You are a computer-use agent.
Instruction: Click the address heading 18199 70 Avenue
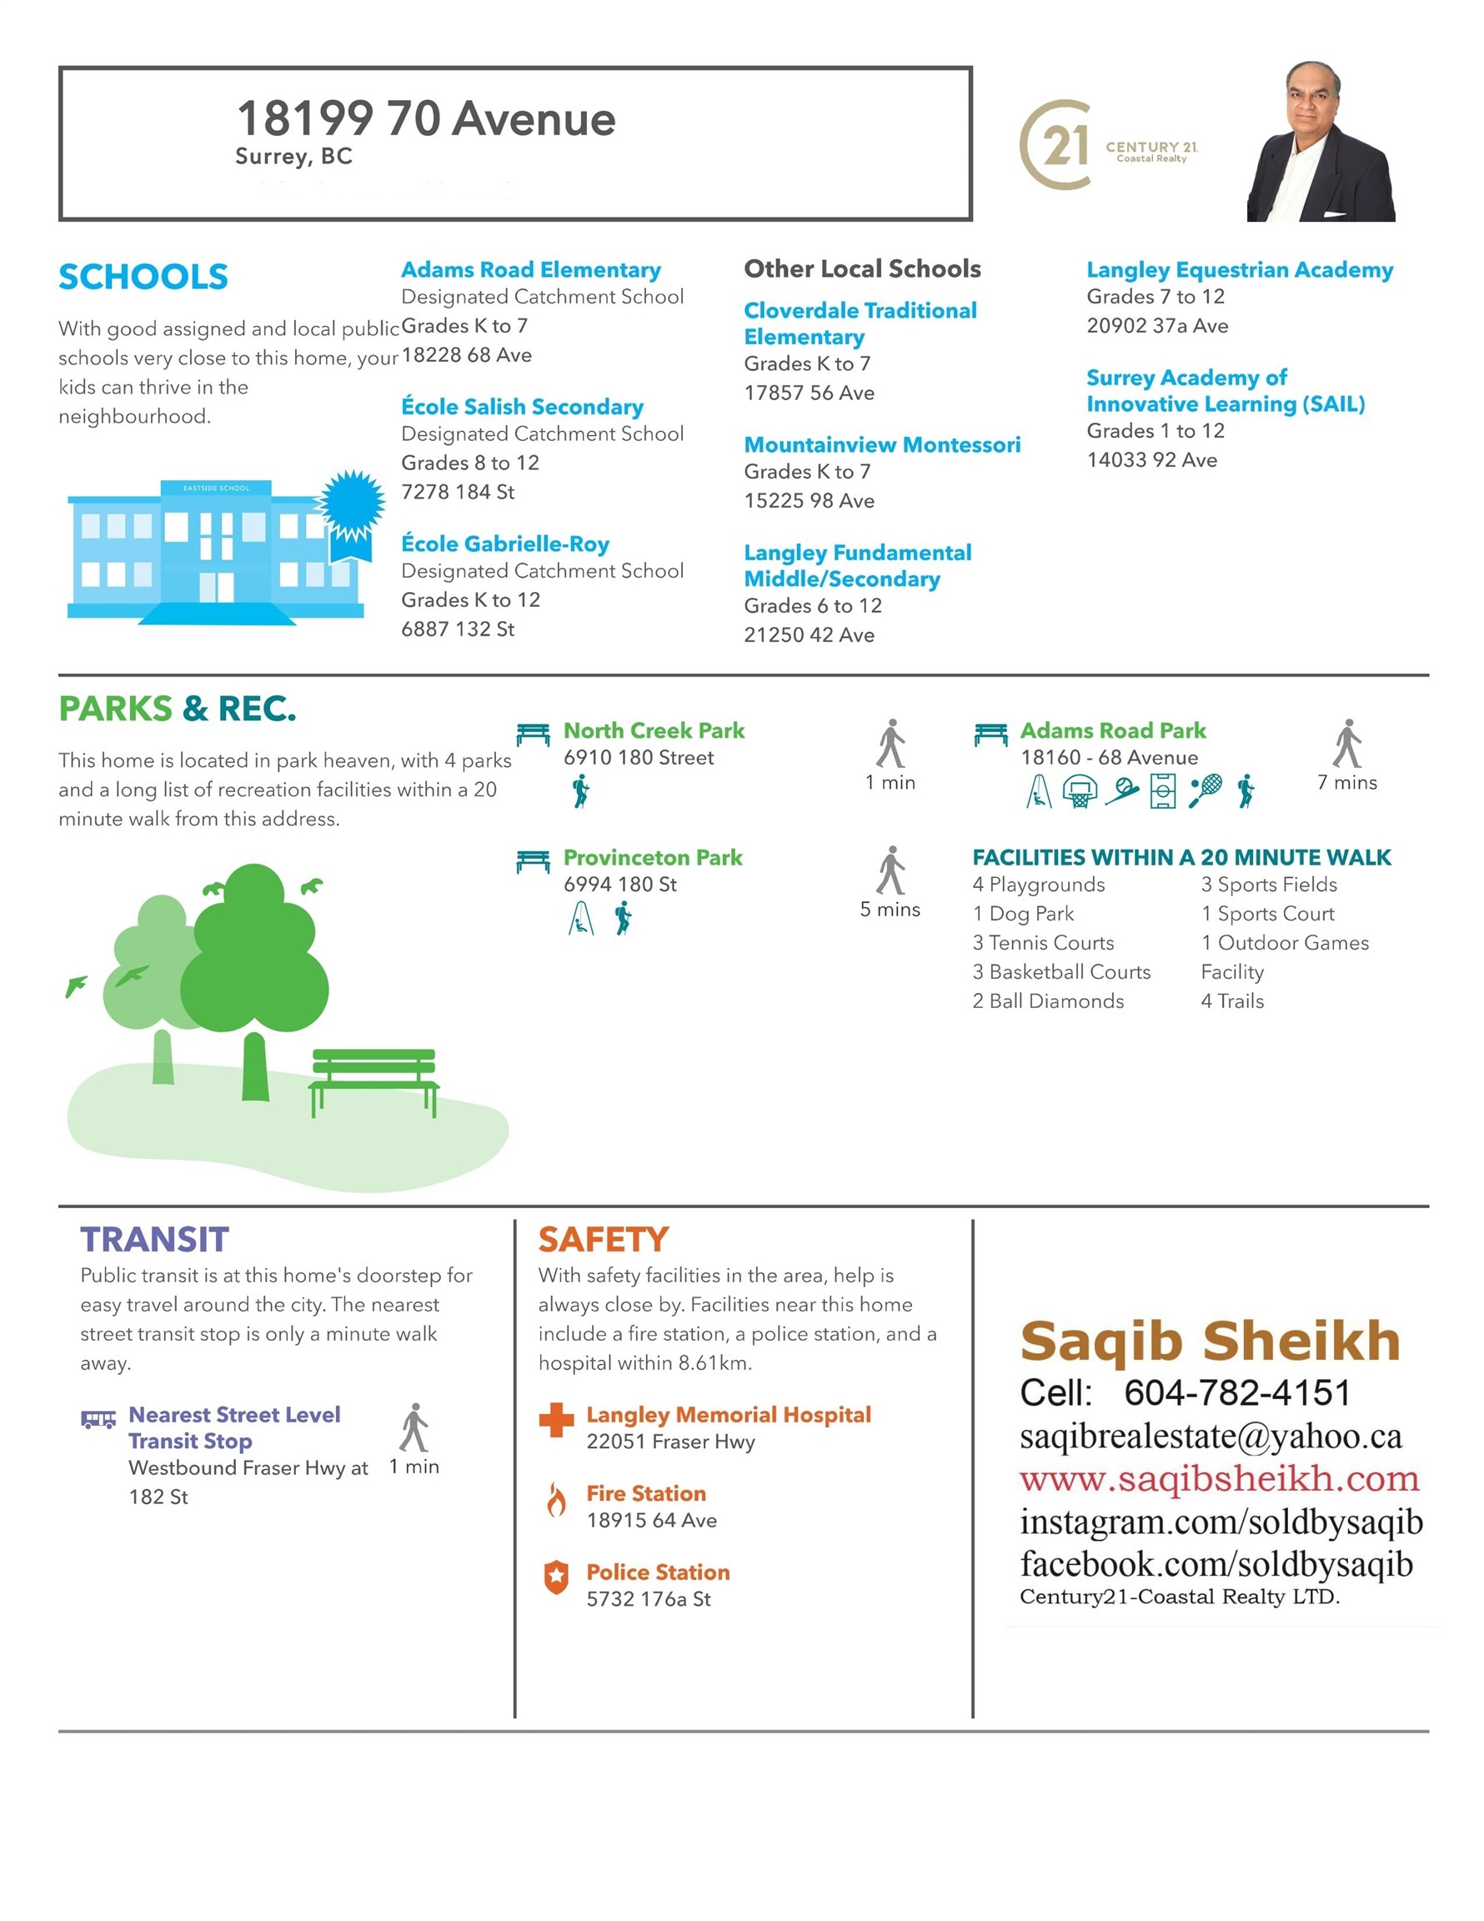coord(426,118)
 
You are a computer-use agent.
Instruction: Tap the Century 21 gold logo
coord(1055,145)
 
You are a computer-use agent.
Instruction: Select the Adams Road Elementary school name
coord(530,270)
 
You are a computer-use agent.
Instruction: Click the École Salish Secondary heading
coord(522,407)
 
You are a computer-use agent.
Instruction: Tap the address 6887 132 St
coord(458,629)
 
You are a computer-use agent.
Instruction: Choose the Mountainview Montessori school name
coord(881,445)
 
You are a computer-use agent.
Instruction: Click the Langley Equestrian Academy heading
coord(1239,270)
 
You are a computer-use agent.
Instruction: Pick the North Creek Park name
coord(654,731)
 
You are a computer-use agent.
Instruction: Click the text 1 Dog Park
coord(1022,914)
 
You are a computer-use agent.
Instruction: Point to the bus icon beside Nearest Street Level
coord(98,1419)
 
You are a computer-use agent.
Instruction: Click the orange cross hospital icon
coord(556,1420)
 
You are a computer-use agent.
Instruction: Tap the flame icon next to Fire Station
coord(556,1500)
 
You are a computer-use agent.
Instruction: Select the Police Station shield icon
coord(556,1578)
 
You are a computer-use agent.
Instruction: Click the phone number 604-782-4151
coord(1237,1393)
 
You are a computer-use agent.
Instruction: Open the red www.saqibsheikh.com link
coord(1219,1479)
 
